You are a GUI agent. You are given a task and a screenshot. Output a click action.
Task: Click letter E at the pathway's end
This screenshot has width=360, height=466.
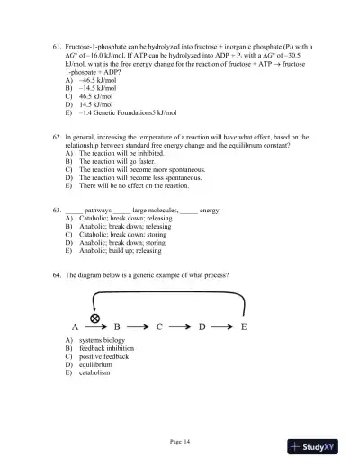tap(244, 327)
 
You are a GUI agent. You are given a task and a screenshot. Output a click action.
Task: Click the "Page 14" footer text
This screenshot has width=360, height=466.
tap(180, 441)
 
